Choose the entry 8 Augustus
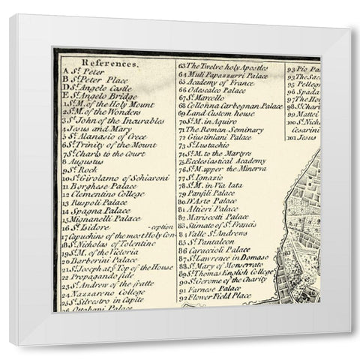point(85,161)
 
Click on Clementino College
point(104,193)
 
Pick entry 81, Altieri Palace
point(211,209)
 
